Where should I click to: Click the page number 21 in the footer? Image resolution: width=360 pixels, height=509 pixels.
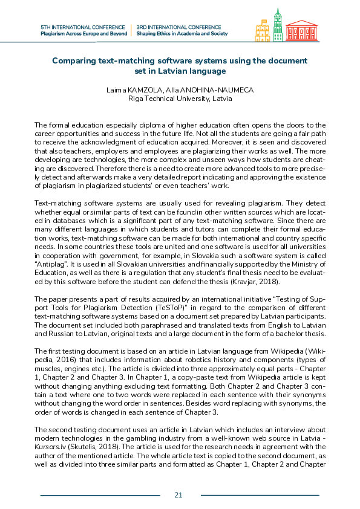click(x=178, y=495)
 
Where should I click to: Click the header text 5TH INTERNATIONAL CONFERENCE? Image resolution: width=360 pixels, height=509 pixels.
click(x=83, y=27)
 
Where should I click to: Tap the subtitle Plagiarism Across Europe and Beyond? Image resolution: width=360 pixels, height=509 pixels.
click(x=83, y=34)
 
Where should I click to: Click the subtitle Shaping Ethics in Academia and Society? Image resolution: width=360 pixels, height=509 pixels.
click(x=182, y=34)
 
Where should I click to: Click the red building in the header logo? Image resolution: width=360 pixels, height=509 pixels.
click(x=301, y=30)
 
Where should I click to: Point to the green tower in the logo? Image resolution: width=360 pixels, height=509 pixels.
click(x=278, y=24)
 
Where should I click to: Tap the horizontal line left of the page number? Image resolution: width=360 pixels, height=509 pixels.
click(x=100, y=495)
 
